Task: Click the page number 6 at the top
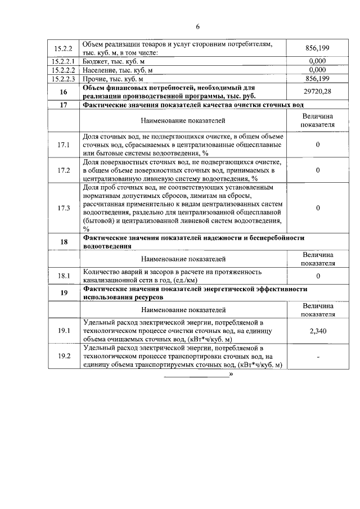click(198, 26)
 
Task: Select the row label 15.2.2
click(64, 48)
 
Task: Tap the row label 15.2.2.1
click(64, 61)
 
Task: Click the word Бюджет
click(96, 61)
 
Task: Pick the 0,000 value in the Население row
click(318, 70)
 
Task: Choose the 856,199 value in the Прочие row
click(318, 79)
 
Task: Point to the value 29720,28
click(318, 92)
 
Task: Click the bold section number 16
click(64, 92)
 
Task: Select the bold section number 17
click(64, 105)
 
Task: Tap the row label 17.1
click(64, 145)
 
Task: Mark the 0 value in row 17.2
click(318, 170)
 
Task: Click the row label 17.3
click(64, 208)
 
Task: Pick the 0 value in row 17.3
click(318, 208)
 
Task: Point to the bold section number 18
click(64, 242)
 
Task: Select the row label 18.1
click(64, 276)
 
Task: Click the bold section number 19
click(64, 292)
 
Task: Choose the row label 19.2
click(64, 357)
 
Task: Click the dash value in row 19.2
click(318, 357)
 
